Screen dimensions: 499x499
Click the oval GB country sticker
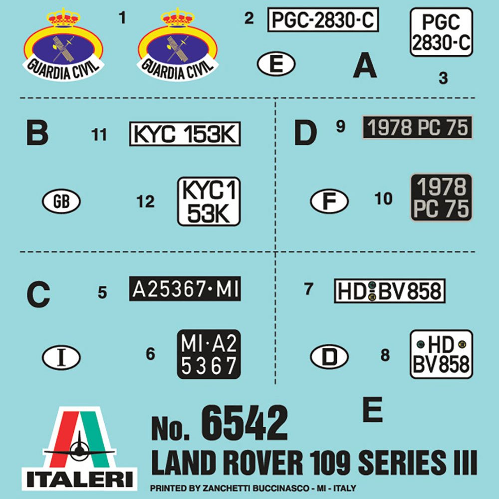tap(61, 201)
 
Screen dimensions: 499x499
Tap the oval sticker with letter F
tap(329, 201)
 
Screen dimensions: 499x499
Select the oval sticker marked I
tap(61, 357)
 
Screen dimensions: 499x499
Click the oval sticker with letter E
tap(276, 64)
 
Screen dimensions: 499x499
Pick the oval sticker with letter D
tap(329, 357)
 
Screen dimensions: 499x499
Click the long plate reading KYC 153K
tap(185, 134)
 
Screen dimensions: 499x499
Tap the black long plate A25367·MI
tap(185, 288)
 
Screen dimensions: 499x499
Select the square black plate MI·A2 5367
tap(209, 354)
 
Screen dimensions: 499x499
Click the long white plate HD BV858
tap(390, 291)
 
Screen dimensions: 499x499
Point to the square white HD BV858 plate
tap(442, 354)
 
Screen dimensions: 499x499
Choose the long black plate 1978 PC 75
tap(418, 127)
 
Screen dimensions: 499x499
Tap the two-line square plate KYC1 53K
tap(209, 202)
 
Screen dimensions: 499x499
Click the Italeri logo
tap(79, 449)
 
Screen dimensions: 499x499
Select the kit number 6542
tap(245, 423)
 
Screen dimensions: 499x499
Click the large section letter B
tap(37, 133)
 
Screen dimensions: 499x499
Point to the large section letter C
tap(38, 294)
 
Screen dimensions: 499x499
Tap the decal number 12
tap(145, 202)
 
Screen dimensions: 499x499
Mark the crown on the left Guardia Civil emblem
tap(63, 18)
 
